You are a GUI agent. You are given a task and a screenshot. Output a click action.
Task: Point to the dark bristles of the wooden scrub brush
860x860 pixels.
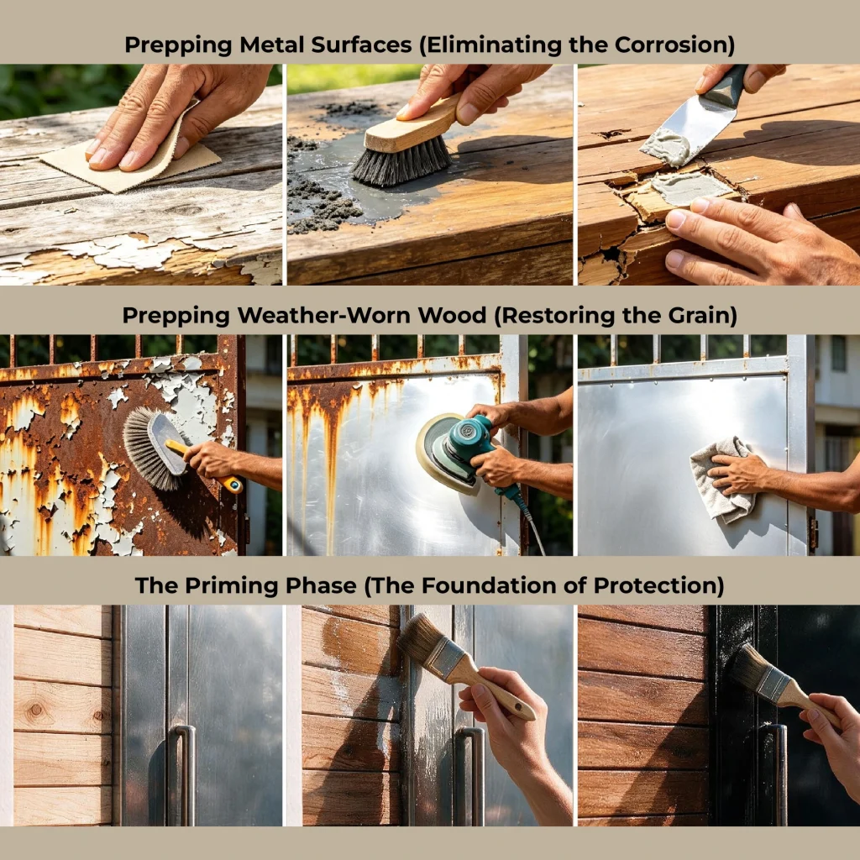(401, 162)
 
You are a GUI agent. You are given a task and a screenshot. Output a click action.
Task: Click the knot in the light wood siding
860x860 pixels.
(36, 710)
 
